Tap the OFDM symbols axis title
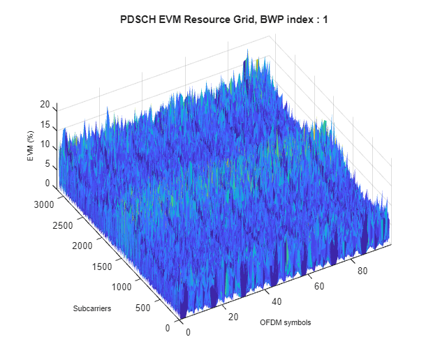coord(285,323)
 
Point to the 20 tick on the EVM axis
coord(45,105)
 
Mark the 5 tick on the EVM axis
coord(47,164)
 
